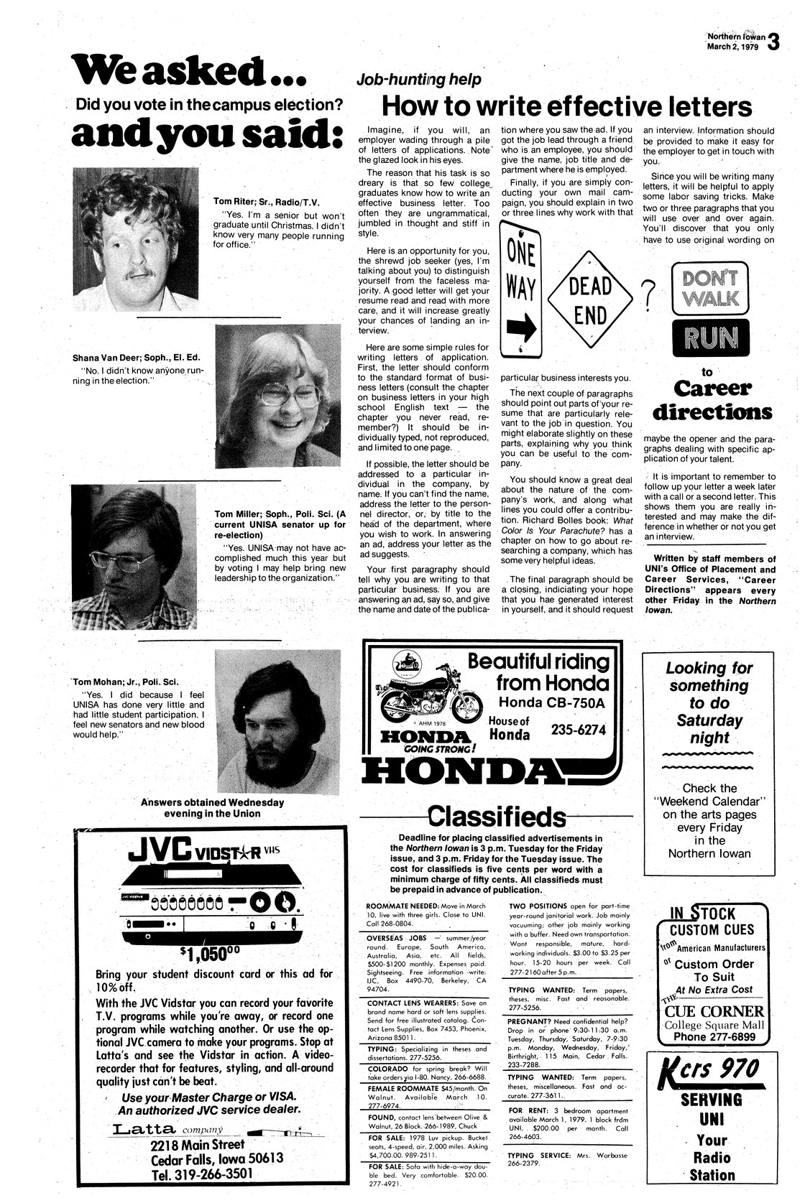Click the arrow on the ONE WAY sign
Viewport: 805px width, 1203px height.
[521, 329]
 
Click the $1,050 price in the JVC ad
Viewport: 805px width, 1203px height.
[211, 953]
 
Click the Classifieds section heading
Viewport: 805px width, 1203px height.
[496, 817]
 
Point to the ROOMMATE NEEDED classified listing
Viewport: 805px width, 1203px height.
[399, 906]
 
